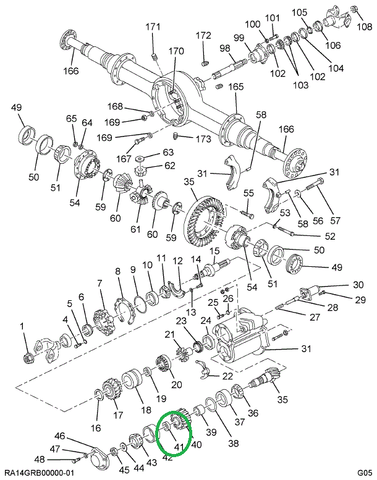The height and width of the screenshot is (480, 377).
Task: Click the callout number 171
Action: point(153,27)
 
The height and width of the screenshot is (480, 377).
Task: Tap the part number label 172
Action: point(203,35)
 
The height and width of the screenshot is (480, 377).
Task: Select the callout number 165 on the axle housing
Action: point(236,87)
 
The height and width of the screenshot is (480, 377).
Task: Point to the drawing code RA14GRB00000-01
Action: point(38,473)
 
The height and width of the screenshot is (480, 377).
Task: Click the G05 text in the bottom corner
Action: point(364,473)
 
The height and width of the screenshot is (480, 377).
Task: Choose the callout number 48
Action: point(40,459)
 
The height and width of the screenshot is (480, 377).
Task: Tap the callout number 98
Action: point(224,48)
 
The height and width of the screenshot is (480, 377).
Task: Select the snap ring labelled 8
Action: point(126,310)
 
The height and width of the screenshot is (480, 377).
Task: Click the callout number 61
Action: point(135,230)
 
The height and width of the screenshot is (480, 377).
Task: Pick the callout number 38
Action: point(234,442)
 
